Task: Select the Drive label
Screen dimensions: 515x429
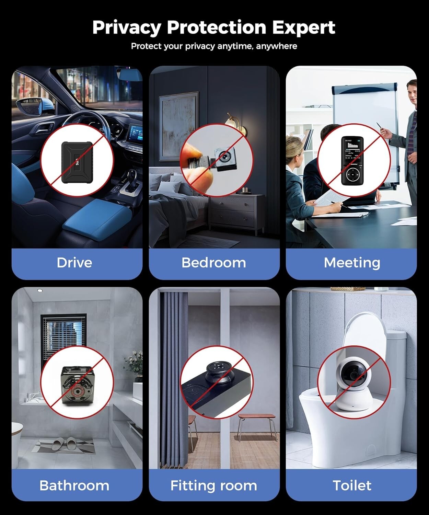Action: click(74, 263)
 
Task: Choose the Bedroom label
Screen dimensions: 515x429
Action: click(213, 263)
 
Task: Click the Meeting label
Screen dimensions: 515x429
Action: click(352, 263)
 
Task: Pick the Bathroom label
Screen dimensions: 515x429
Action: click(74, 485)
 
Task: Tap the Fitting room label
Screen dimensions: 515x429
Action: click(213, 485)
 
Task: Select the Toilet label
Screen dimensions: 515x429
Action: click(352, 485)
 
